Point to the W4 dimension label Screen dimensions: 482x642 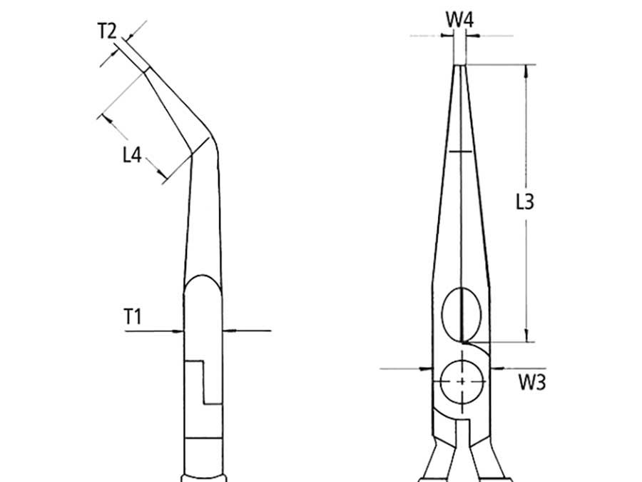[460, 21]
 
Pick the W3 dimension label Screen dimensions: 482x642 [531, 382]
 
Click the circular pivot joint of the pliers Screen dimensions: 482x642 [462, 382]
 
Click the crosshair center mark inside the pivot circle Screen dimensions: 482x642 [462, 382]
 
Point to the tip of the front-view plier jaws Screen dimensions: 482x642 [461, 66]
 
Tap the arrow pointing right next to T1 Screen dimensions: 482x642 [178, 331]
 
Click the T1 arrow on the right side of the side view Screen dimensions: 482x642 [227, 331]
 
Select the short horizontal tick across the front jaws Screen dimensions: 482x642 [461, 151]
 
